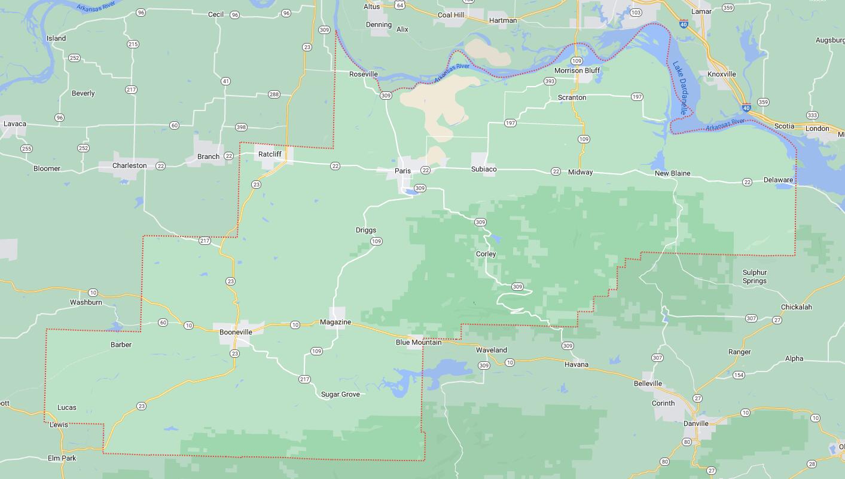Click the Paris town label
(x=402, y=171)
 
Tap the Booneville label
(x=236, y=331)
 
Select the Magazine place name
(x=335, y=322)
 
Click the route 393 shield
(x=550, y=81)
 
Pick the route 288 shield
(x=274, y=94)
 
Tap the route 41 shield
(x=225, y=81)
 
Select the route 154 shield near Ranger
(x=739, y=375)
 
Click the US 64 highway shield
(x=400, y=5)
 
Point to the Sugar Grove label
(x=340, y=394)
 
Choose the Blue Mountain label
(x=419, y=342)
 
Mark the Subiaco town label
(x=483, y=169)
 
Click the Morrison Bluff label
(x=576, y=70)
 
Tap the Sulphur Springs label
(x=754, y=277)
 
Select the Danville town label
(x=695, y=423)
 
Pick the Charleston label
(x=129, y=165)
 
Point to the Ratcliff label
(x=270, y=154)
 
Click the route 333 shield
(x=812, y=115)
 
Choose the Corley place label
(x=486, y=254)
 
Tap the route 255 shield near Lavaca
(x=26, y=149)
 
